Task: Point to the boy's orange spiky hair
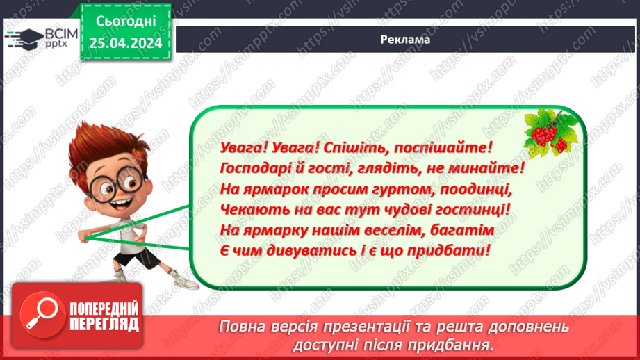[104, 139]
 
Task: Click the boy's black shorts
[132, 259]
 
